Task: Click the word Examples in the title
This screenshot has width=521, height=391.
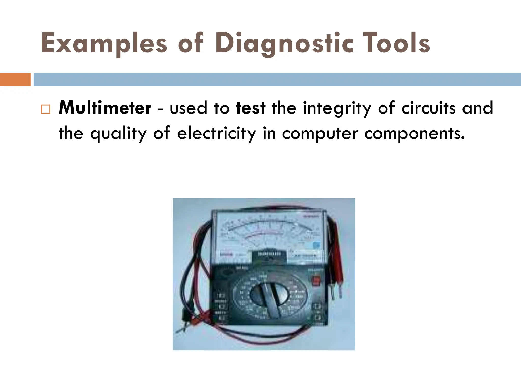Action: tap(104, 43)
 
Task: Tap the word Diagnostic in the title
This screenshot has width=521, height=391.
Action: tap(284, 43)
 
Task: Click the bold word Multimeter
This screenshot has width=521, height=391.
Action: tap(105, 108)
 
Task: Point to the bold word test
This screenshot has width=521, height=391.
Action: tap(251, 108)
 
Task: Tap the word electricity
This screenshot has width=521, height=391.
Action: tap(216, 133)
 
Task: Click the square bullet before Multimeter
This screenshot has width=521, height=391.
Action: tap(46, 109)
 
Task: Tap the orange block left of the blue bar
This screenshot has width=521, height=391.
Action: tap(15, 79)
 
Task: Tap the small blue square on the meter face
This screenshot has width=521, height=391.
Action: tap(316, 245)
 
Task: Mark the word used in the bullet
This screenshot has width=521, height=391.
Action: tap(189, 108)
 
